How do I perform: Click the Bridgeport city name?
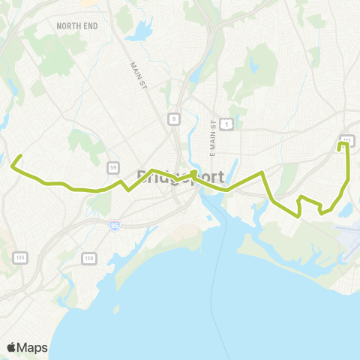pos(180,177)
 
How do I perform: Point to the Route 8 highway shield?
pos(174,118)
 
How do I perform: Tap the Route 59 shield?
pos(112,166)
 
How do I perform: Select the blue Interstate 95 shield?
pos(114,224)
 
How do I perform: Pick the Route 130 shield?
pos(88,258)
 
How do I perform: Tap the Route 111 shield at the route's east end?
pos(346,139)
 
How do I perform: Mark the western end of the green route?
pos(20,156)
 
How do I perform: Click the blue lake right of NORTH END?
pos(140,34)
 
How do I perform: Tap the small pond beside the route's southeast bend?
pos(346,211)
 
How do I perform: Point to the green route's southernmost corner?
pos(300,216)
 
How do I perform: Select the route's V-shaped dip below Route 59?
pos(128,190)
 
